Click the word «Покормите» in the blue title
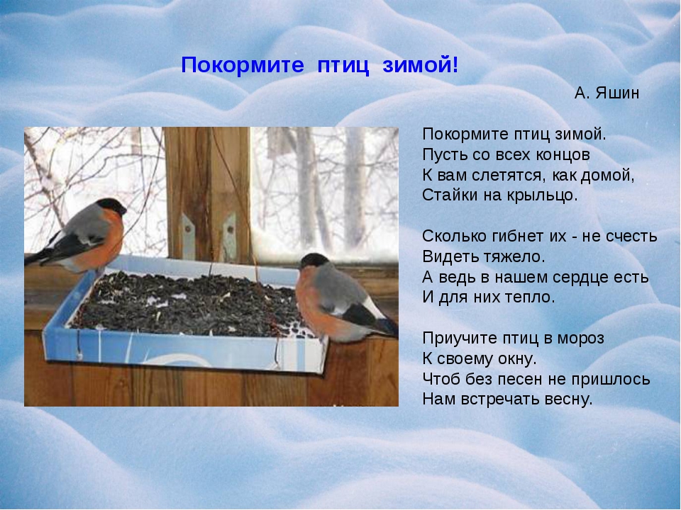243,65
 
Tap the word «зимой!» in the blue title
420,65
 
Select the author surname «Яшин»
617,93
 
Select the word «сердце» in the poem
577,278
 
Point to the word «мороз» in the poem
581,339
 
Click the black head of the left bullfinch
111,205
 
